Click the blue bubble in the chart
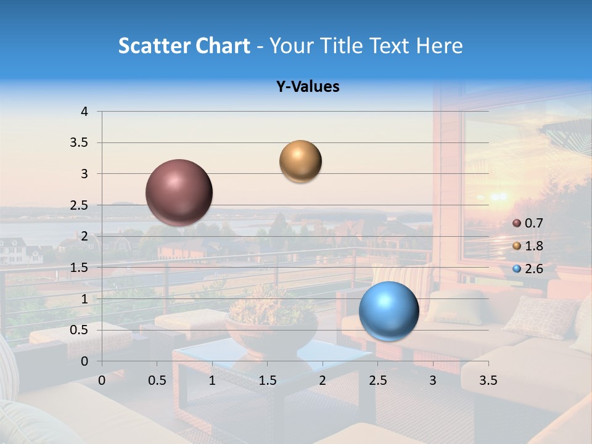coord(389,311)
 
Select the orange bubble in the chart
coord(300,162)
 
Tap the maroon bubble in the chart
coord(179,192)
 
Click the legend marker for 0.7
coord(517,223)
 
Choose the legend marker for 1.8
coord(517,246)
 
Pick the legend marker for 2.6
coord(517,269)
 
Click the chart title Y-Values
coord(308,87)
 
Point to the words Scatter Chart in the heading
coord(184,46)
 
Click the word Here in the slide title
coord(439,46)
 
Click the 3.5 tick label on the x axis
coord(488,380)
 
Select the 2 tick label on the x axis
coord(323,380)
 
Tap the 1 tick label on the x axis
coord(212,380)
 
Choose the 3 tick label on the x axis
coord(433,380)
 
